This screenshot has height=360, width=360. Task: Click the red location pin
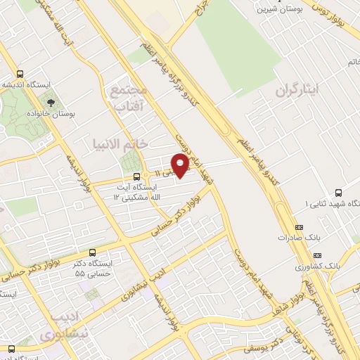[181, 166]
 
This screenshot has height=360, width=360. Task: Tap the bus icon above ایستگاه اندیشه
[20, 74]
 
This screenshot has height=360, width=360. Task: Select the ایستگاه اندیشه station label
[33, 84]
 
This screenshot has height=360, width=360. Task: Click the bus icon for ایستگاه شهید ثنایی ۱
[339, 193]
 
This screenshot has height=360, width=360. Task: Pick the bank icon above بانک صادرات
[299, 227]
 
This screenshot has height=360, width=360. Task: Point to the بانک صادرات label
[304, 238]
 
